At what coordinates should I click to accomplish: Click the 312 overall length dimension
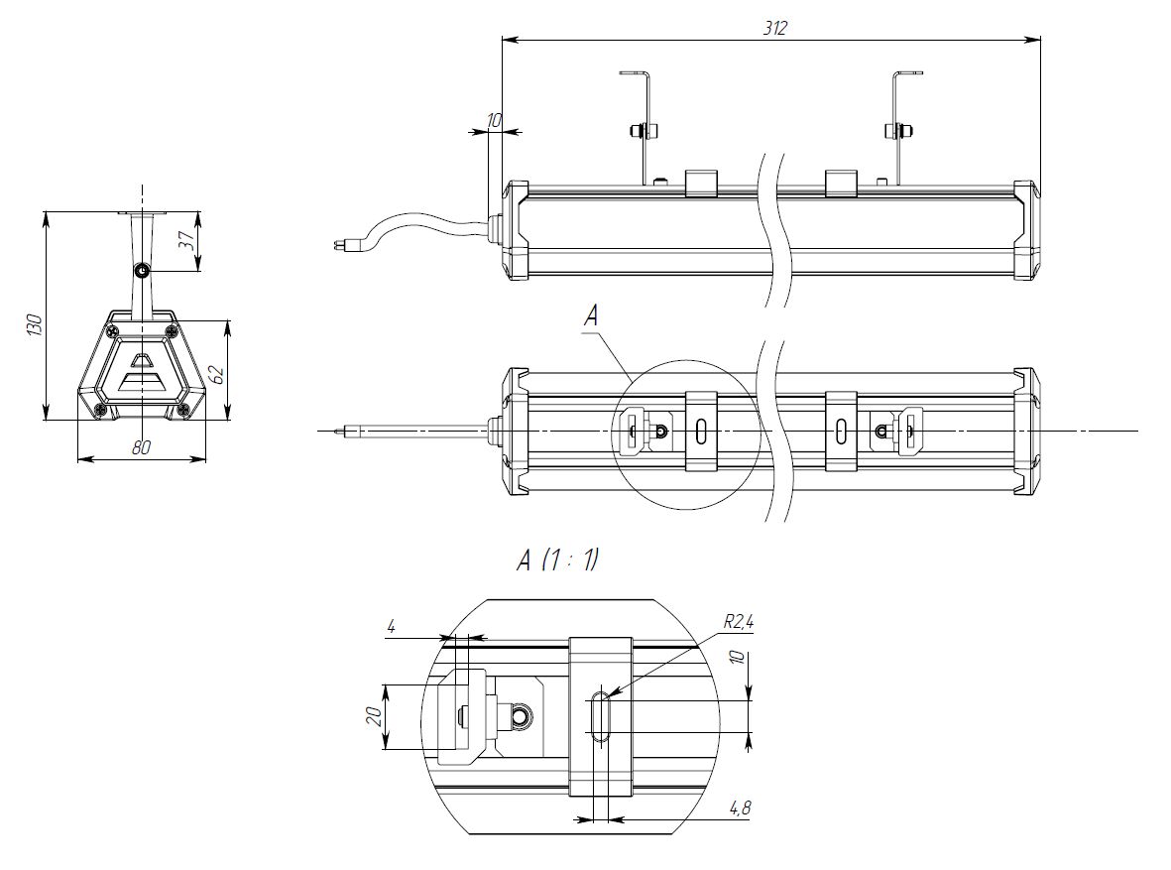(774, 29)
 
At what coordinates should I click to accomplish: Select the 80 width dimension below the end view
(141, 447)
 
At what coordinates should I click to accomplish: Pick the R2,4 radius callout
(738, 623)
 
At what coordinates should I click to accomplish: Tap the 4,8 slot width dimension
(740, 808)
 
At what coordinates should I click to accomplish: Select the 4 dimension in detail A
(392, 627)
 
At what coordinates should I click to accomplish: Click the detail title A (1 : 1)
(557, 560)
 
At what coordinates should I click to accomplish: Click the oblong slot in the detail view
(600, 716)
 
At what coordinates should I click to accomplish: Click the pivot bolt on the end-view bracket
(142, 270)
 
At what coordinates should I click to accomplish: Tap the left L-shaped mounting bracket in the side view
(644, 127)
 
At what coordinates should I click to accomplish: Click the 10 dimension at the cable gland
(494, 120)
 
